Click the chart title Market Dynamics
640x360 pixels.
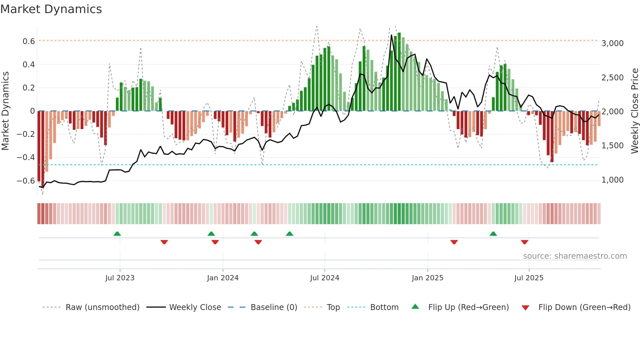tap(51, 9)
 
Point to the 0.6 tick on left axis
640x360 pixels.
tap(28, 41)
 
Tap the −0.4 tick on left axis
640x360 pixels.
tap(25, 157)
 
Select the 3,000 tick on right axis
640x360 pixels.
tap(612, 43)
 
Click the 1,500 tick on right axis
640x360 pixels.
tap(612, 146)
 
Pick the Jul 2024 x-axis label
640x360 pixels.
tap(325, 278)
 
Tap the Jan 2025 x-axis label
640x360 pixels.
tap(427, 278)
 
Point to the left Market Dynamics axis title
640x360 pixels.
tap(5, 111)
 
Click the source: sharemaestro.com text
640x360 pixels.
tap(575, 256)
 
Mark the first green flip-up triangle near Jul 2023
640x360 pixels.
tap(117, 234)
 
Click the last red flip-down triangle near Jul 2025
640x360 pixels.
tap(524, 242)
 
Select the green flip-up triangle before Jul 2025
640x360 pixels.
tap(493, 234)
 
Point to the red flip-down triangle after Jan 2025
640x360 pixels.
tap(454, 242)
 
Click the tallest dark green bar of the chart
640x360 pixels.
tap(399, 72)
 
